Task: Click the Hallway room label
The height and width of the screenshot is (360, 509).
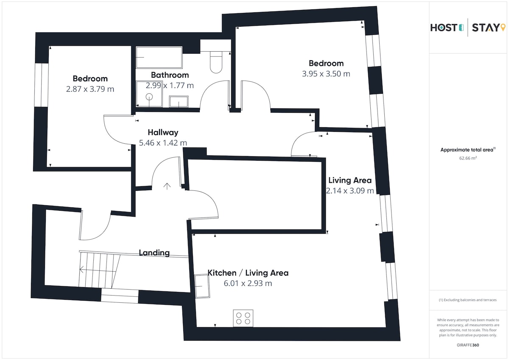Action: tap(163, 132)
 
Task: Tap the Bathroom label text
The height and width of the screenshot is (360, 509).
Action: tap(170, 75)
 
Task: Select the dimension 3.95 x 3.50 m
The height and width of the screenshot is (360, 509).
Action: tap(326, 74)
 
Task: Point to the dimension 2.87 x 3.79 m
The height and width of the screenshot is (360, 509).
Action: tap(90, 89)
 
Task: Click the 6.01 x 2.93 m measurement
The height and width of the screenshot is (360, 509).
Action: tap(248, 283)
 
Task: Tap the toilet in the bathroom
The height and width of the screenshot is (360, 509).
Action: tap(216, 62)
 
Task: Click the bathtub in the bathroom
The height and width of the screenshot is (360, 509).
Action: tap(159, 57)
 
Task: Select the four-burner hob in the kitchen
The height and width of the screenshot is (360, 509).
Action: tap(243, 318)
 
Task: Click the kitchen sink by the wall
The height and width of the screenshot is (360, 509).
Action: tap(202, 286)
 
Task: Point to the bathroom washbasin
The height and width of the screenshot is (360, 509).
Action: tap(179, 101)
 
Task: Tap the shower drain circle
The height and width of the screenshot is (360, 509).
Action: tap(149, 97)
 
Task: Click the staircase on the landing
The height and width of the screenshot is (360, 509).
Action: tap(100, 269)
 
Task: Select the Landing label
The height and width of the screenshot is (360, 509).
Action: tap(154, 253)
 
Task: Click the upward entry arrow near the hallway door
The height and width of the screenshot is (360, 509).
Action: tap(167, 186)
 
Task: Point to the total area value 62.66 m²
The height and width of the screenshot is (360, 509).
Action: tap(468, 158)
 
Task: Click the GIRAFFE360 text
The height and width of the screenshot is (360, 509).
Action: tap(468, 345)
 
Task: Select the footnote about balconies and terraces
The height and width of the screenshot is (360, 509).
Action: tap(467, 300)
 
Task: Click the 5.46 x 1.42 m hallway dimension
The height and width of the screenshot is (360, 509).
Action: tap(163, 143)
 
